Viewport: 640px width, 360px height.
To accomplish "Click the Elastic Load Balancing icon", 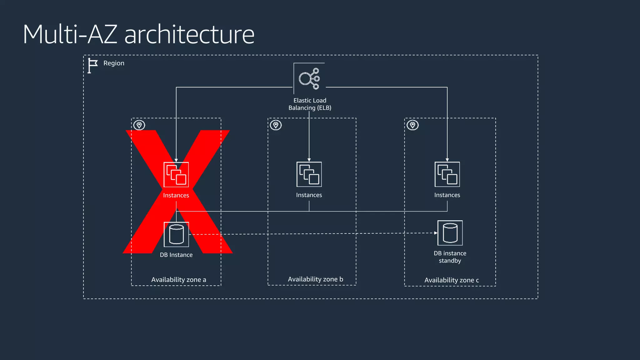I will click(309, 78).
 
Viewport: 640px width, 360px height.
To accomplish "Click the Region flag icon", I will click(92, 66).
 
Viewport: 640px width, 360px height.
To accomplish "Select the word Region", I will click(114, 63).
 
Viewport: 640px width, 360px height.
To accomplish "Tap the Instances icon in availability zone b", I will click(309, 174).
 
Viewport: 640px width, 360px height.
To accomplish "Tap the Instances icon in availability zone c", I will click(447, 174).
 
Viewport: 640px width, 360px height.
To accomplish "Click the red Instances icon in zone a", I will click(176, 175).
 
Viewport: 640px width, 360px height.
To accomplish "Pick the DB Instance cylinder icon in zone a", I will click(176, 234).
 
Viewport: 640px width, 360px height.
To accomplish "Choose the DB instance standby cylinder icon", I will click(450, 233).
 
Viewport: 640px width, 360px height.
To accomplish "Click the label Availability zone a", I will click(178, 280).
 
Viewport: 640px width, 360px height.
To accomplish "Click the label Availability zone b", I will click(315, 279).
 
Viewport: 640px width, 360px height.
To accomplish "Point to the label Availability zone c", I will click(452, 280).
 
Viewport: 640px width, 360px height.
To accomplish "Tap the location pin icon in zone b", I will click(276, 125).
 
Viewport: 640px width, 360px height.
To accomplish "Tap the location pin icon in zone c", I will click(412, 125).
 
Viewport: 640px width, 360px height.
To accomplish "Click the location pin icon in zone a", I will click(139, 125).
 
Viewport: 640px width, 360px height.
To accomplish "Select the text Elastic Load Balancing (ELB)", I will click(310, 104).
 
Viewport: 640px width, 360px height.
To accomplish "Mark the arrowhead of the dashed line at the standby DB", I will click(436, 233).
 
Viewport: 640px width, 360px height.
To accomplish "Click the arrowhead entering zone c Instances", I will click(447, 160).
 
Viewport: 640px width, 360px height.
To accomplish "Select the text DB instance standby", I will click(450, 257).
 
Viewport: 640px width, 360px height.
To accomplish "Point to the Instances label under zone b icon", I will click(309, 195).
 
